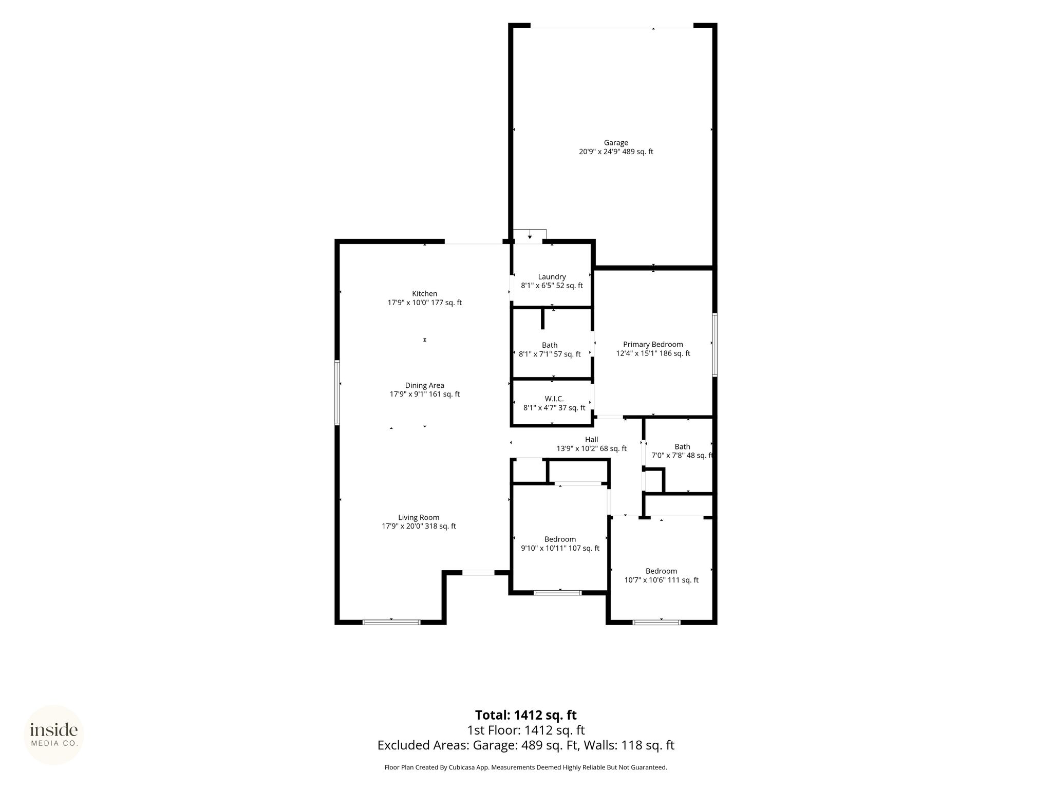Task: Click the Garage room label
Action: click(x=616, y=143)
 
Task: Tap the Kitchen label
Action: click(x=424, y=294)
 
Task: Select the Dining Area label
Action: click(x=424, y=386)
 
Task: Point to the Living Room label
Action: click(x=419, y=518)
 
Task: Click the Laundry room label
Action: click(x=552, y=277)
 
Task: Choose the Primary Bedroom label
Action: click(x=653, y=345)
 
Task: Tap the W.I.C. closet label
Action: click(x=554, y=399)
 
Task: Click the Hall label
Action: click(x=591, y=440)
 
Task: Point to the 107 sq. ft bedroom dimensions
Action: click(x=560, y=548)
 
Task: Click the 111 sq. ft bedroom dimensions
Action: click(x=661, y=580)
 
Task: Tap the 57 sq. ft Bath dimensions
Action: click(x=550, y=354)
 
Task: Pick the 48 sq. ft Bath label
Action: click(x=682, y=447)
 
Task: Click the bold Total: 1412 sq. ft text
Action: click(x=525, y=715)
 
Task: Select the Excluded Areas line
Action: click(x=525, y=745)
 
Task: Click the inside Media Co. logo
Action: click(x=53, y=735)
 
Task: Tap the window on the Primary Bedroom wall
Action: click(x=715, y=345)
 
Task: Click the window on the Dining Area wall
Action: click(x=337, y=392)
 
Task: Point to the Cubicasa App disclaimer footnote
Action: click(x=525, y=767)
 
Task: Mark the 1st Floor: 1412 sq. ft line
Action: click(x=525, y=730)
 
